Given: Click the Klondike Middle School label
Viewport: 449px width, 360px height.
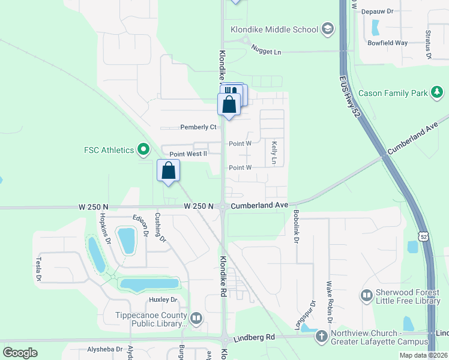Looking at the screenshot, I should pyautogui.click(x=274, y=29).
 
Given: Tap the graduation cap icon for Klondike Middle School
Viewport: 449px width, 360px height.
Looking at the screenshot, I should pyautogui.click(x=327, y=29).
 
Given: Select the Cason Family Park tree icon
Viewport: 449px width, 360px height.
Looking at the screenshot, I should pyautogui.click(x=438, y=92).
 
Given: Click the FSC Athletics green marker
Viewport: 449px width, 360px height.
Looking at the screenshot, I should pyautogui.click(x=143, y=149).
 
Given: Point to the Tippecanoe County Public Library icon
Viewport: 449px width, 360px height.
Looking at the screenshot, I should pyautogui.click(x=196, y=318).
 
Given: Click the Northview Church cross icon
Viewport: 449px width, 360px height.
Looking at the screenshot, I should pyautogui.click(x=322, y=337).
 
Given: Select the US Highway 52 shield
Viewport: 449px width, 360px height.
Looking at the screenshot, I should pyautogui.click(x=424, y=237).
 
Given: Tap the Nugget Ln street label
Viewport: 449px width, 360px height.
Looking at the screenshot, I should pyautogui.click(x=266, y=52).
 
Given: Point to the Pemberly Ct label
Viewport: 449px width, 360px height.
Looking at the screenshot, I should pyautogui.click(x=198, y=127).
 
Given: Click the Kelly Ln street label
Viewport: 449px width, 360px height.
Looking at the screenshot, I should pyautogui.click(x=274, y=153).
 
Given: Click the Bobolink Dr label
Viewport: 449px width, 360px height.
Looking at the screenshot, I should pyautogui.click(x=296, y=226).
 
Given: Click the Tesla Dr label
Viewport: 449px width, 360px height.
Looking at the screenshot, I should pyautogui.click(x=38, y=269).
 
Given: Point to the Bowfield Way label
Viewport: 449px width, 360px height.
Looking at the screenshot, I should pyautogui.click(x=388, y=43).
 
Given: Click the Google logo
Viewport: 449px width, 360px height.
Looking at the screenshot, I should pyautogui.click(x=20, y=352).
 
